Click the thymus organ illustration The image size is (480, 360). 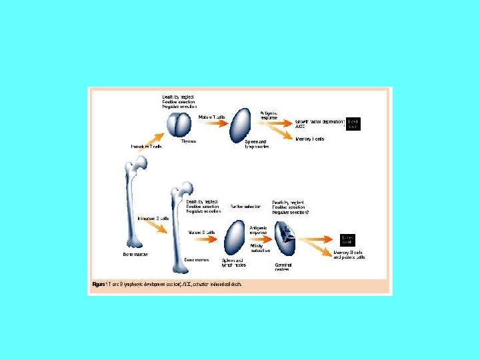[179, 125]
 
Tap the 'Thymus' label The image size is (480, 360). [189, 141]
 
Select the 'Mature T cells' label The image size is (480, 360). [212, 117]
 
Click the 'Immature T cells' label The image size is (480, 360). [146, 146]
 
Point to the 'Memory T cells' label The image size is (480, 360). [309, 139]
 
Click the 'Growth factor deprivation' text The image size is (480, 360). [320, 122]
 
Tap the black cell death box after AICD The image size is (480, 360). [353, 124]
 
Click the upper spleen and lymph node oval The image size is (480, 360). [242, 123]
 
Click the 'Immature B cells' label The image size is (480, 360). [153, 218]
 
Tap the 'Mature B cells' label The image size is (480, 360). [201, 232]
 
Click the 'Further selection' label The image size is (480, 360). [245, 207]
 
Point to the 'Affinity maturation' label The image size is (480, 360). [260, 247]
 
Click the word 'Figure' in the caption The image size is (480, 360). [97, 283]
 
